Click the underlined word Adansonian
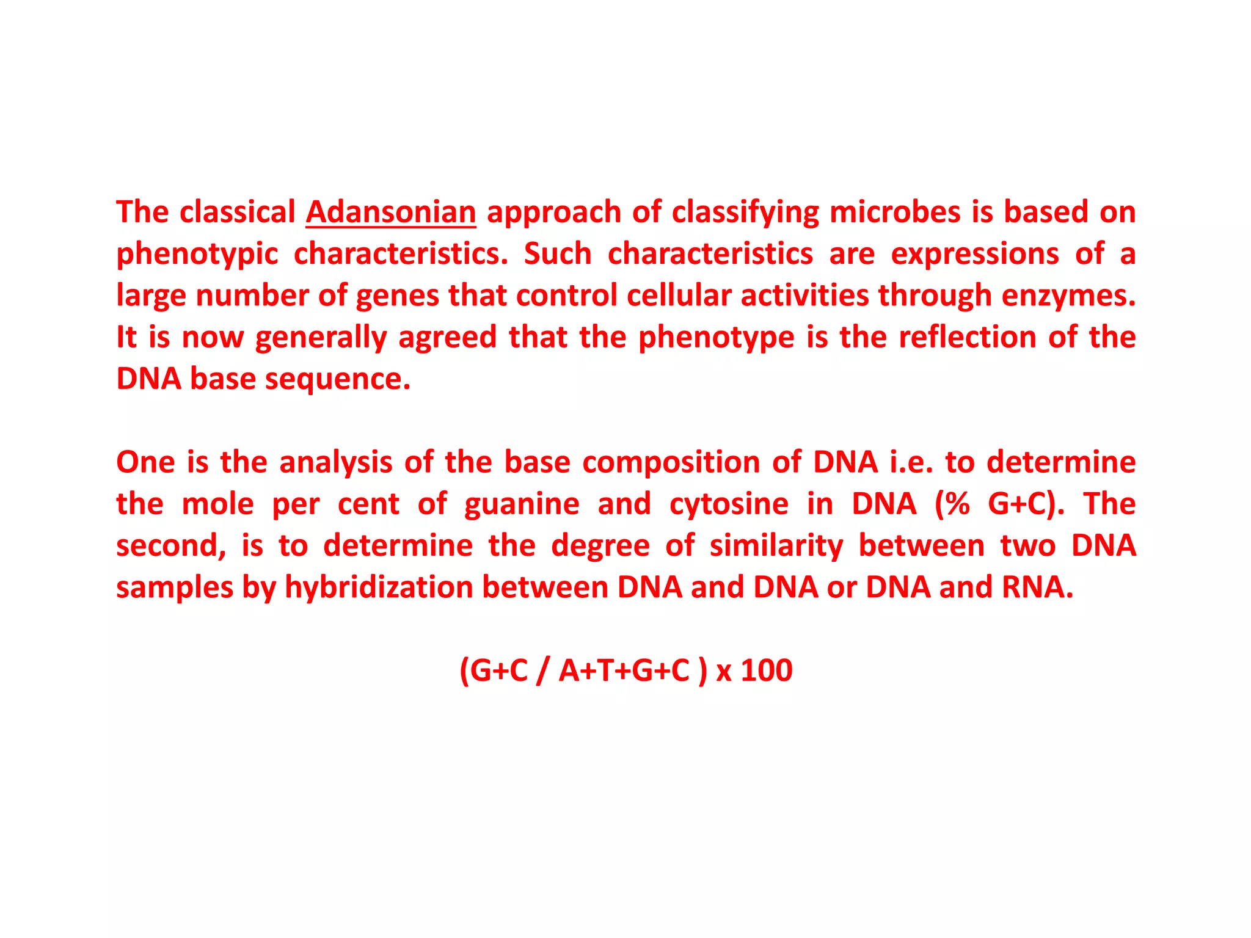point(391,212)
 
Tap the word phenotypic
point(197,254)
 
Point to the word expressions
point(975,254)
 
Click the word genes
point(398,296)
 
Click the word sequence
point(338,379)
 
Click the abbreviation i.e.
point(911,462)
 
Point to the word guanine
point(522,504)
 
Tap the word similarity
point(776,545)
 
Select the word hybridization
point(379,587)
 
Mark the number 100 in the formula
point(767,671)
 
